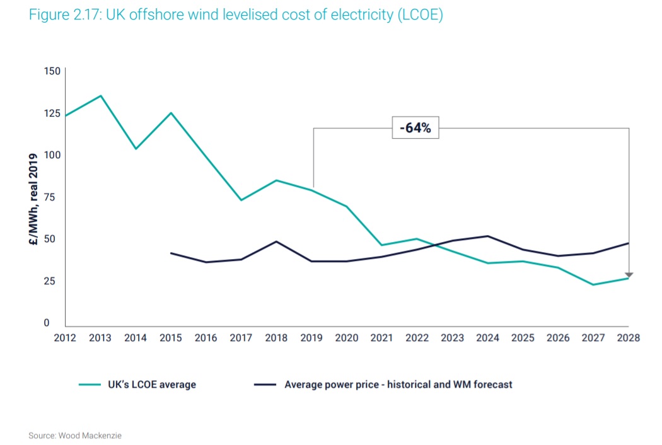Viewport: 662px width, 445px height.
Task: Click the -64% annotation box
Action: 415,128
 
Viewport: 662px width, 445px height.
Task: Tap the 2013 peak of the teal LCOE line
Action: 100,96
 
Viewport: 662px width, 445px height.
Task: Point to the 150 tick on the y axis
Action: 52,71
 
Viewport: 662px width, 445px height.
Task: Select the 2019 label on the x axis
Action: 311,338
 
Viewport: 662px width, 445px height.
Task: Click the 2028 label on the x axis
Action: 629,338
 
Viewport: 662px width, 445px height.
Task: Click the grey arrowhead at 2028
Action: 629,275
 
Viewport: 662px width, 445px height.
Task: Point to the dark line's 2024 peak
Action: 487,236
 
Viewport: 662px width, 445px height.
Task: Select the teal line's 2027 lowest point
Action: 593,284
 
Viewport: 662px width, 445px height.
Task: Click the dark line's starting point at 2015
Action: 171,253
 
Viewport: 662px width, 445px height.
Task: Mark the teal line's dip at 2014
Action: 136,149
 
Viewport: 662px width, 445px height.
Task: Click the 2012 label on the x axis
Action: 65,338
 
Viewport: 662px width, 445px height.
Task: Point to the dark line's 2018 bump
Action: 276,241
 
